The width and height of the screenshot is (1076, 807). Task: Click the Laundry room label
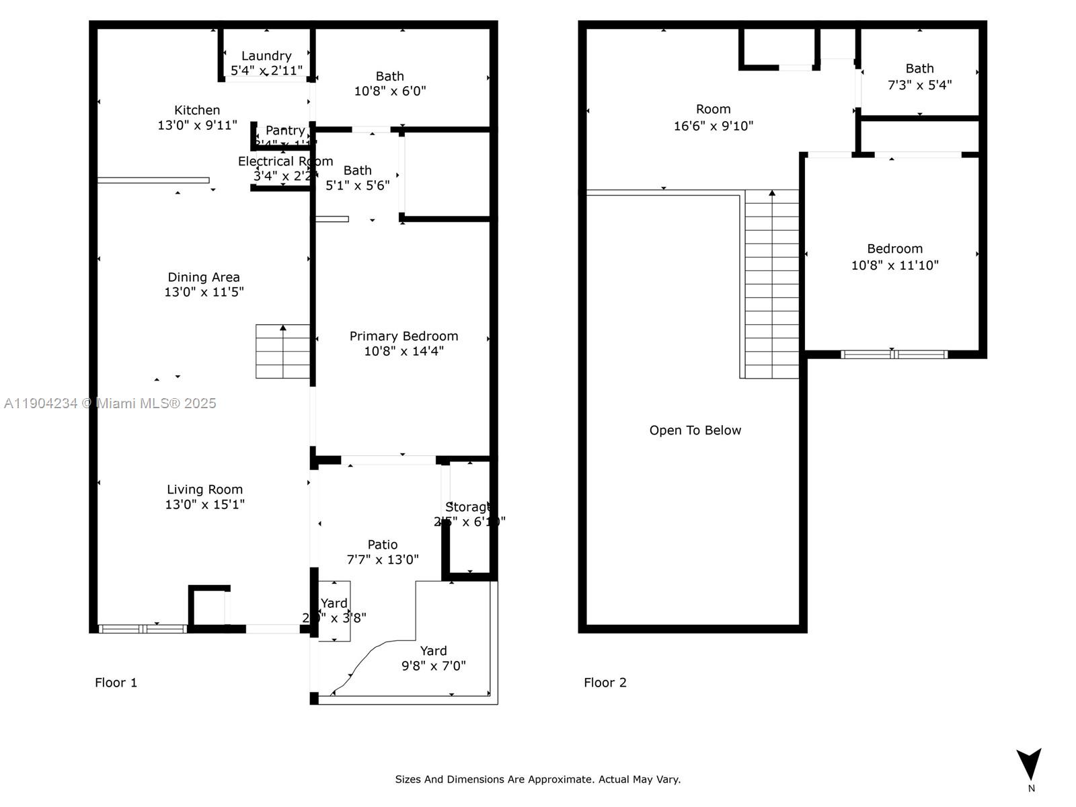tap(266, 56)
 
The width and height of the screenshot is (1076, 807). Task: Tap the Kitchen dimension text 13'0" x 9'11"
tap(197, 125)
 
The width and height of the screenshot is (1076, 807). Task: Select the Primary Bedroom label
tap(403, 336)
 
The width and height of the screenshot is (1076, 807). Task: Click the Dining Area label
tap(204, 277)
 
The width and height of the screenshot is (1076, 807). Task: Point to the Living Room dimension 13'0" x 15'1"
tap(205, 504)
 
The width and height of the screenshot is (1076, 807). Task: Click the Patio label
tap(382, 545)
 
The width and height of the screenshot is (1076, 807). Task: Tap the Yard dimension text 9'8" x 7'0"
tap(434, 666)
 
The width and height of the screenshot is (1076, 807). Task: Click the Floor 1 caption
tap(116, 683)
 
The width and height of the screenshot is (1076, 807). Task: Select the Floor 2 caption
tap(605, 683)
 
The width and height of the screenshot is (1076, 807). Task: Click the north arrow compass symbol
tap(1029, 765)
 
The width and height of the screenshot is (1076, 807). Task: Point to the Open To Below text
tap(695, 430)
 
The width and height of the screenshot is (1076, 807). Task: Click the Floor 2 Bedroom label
tap(894, 249)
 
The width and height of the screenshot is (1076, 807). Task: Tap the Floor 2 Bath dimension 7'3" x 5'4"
tap(919, 85)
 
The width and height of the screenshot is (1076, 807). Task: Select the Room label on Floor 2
tap(713, 109)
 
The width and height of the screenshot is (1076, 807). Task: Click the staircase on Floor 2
tap(772, 282)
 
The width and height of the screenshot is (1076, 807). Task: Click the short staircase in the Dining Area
tap(282, 352)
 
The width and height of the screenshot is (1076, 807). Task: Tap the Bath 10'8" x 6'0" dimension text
tap(390, 91)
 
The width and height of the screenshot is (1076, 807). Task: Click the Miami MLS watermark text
tap(110, 403)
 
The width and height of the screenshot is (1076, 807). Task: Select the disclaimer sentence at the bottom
tap(537, 779)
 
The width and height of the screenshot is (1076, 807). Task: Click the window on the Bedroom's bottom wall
tap(894, 354)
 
